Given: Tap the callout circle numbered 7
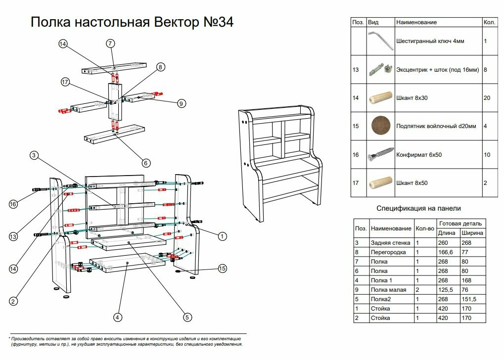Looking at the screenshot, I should tap(110, 44).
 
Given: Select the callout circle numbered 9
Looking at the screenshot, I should tap(182, 103).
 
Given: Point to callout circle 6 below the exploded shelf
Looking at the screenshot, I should tap(146, 163).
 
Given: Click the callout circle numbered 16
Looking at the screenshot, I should tap(13, 204).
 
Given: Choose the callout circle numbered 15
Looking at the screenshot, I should tap(223, 269).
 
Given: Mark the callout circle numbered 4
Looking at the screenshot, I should tap(118, 317).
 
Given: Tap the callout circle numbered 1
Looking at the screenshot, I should tap(223, 237).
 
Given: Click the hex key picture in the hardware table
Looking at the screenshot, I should tap(380, 41).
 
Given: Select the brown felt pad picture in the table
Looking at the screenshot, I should tap(380, 127).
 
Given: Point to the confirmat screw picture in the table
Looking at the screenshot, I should tap(380, 155).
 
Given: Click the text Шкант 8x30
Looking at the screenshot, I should tap(412, 98).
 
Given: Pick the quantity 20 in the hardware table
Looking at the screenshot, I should tap(487, 98).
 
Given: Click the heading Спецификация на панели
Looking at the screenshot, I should tap(418, 208).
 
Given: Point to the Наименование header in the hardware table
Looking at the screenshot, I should tap(416, 23).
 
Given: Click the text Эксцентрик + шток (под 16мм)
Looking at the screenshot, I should tap(438, 70).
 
